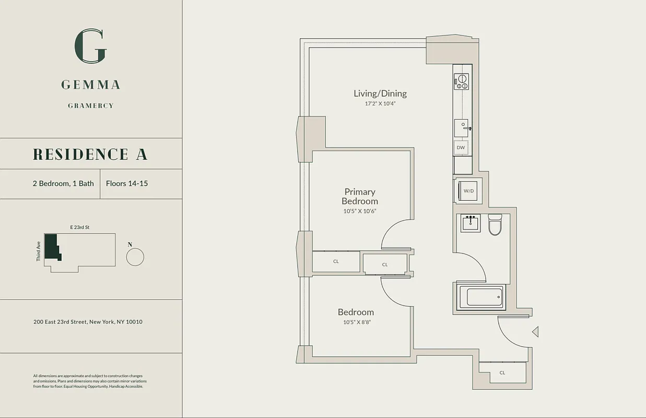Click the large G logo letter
[91, 47]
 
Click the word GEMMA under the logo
[91, 85]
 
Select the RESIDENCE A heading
[90, 154]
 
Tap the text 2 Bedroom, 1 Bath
[63, 183]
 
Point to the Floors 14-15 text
[127, 183]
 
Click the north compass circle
[135, 257]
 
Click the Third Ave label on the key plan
[39, 251]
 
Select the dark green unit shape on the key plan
[51, 246]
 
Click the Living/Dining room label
[380, 94]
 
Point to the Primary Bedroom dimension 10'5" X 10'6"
[360, 212]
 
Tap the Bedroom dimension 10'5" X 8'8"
[357, 322]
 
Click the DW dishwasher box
[461, 148]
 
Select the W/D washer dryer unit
[468, 191]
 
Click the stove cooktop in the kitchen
[461, 81]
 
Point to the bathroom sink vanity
[471, 223]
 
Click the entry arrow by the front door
[535, 331]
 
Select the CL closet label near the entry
[502, 373]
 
